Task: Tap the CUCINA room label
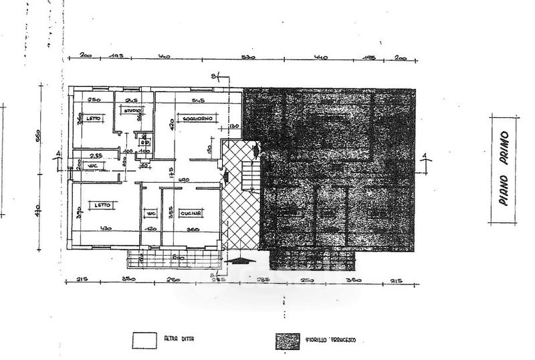(x=191, y=213)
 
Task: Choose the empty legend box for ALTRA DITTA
(x=143, y=340)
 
